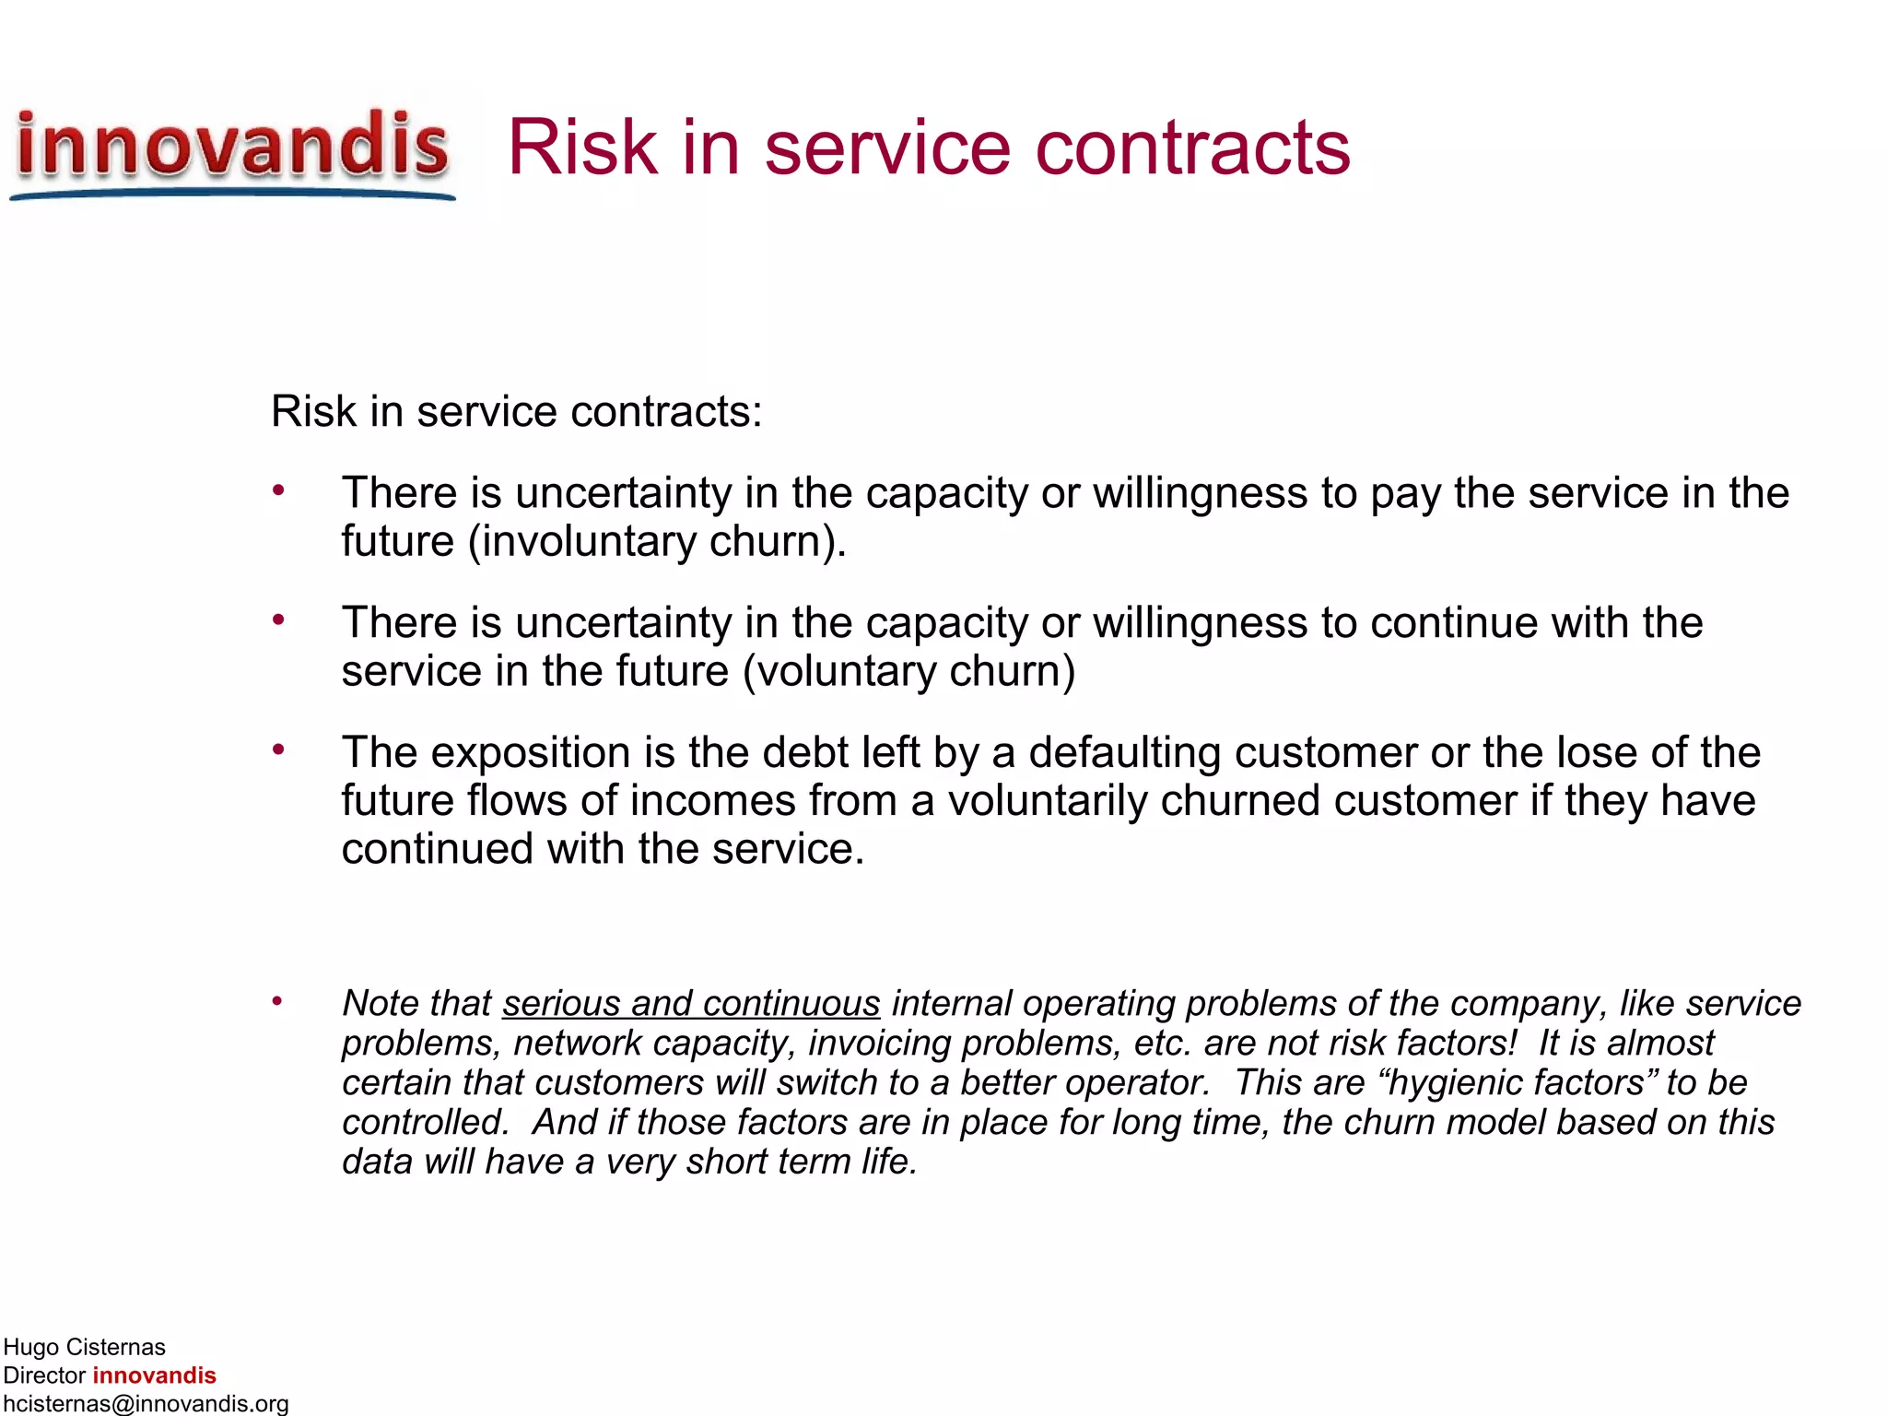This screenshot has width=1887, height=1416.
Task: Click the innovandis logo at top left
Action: coord(232,149)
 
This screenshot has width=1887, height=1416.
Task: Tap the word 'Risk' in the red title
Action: coord(582,147)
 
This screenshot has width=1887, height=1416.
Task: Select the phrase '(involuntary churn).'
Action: coord(657,541)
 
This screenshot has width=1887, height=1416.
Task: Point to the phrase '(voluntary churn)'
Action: coord(908,671)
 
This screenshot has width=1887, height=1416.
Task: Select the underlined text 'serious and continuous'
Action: coord(691,1003)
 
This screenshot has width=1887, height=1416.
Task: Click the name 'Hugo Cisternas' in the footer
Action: coord(84,1347)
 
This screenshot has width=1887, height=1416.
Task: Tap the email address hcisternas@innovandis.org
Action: coord(146,1403)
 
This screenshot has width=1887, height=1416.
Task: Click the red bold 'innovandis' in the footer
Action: coord(154,1375)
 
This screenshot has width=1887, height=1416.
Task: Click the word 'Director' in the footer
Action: coord(44,1375)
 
